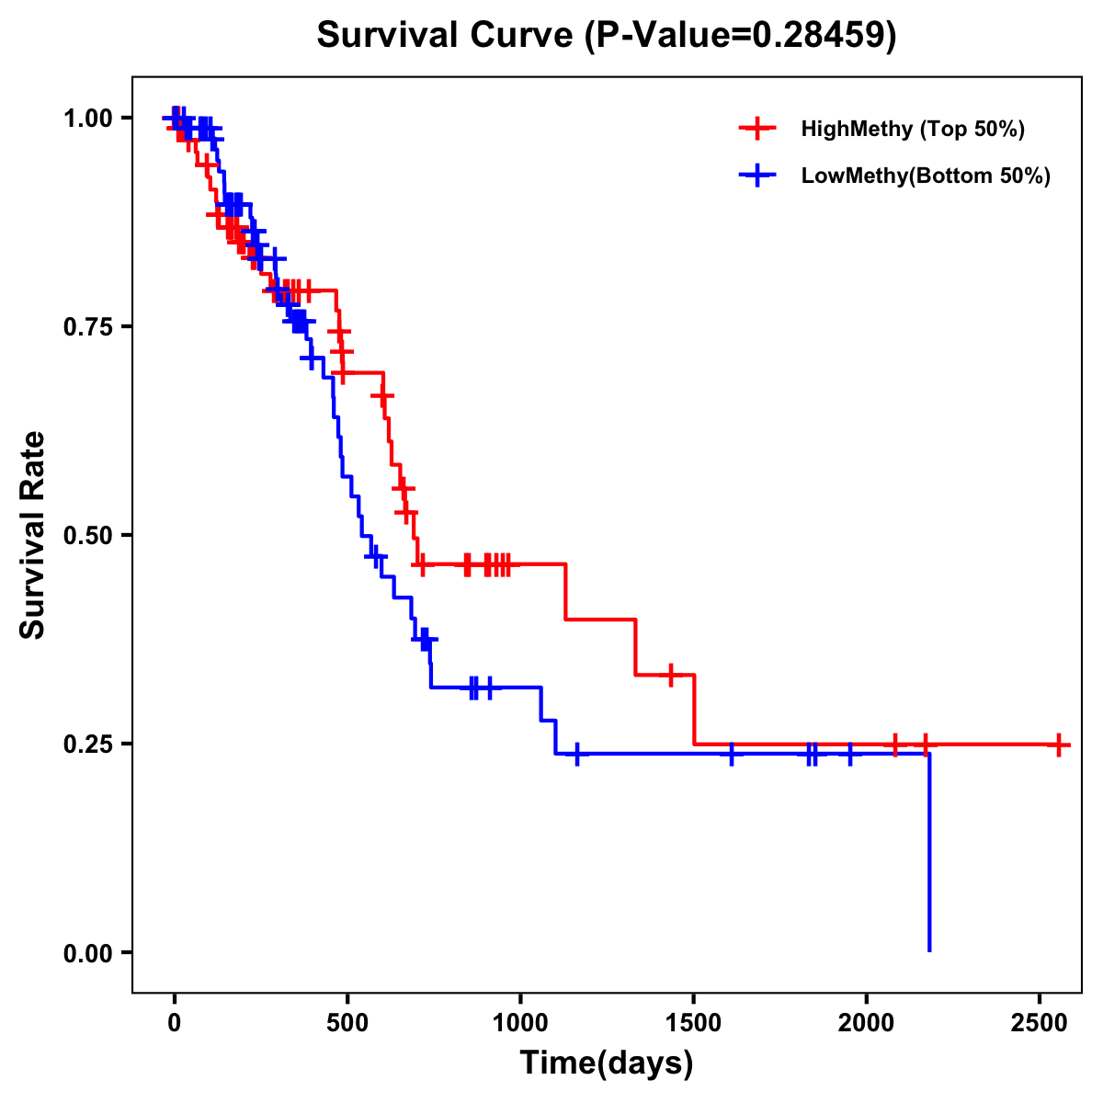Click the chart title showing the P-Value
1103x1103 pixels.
coord(606,35)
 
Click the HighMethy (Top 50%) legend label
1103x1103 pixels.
coord(912,129)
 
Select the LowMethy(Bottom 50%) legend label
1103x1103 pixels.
coord(926,176)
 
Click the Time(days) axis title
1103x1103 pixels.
coord(606,1063)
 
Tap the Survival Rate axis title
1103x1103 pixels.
coord(33,535)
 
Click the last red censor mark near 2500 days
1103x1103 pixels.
coord(1059,744)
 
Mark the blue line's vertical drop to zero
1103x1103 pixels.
coord(929,855)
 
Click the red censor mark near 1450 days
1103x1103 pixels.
coord(671,675)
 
